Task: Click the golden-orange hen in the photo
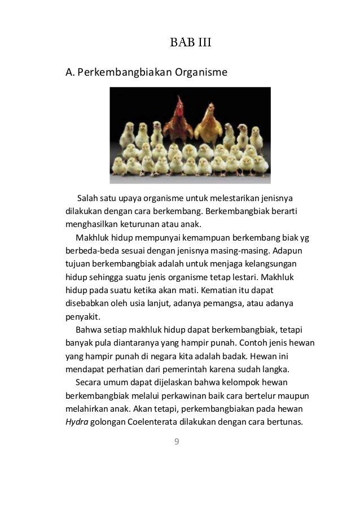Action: pos(210,121)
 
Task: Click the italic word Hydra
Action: pos(77,421)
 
